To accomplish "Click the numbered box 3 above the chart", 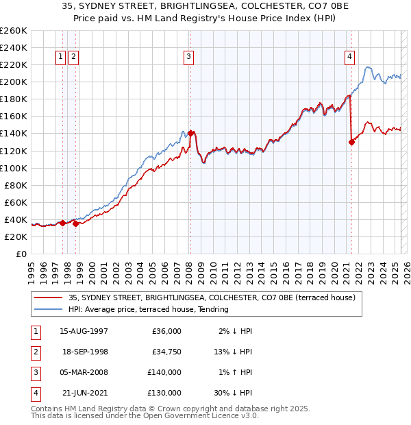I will (x=188, y=58).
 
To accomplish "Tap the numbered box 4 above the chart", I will (x=349, y=58).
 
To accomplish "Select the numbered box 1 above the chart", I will (x=61, y=58).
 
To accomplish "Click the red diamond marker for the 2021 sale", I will (x=352, y=142).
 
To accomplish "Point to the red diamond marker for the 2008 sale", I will (x=191, y=133).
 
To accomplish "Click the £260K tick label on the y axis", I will (x=14, y=31).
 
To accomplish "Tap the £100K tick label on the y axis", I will (x=14, y=168).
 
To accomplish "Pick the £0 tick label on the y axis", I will (x=21, y=254).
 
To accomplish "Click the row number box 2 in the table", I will (x=35, y=352).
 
